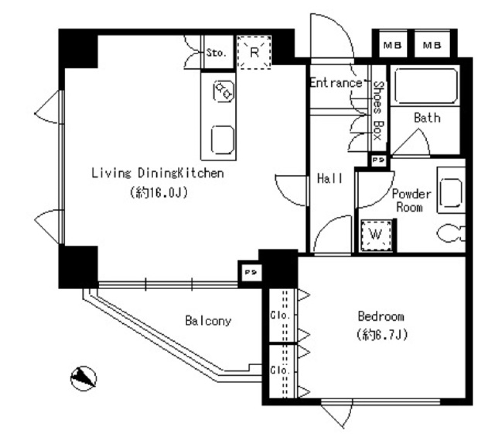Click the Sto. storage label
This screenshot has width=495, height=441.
tap(216, 53)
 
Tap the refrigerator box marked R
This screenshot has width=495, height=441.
tap(254, 52)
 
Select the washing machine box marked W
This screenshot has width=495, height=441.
tap(376, 235)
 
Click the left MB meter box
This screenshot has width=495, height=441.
tap(392, 44)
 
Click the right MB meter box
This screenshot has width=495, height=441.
tap(432, 44)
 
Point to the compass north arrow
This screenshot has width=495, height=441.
tap(84, 378)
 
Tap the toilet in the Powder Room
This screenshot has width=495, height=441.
tap(451, 233)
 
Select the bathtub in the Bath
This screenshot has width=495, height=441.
tap(425, 86)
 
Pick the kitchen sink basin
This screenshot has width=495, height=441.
tap(223, 140)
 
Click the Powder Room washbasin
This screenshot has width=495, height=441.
tap(451, 193)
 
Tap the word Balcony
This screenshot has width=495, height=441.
tap(208, 321)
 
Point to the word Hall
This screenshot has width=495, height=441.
tap(329, 179)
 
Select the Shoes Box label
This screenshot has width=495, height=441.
tap(378, 111)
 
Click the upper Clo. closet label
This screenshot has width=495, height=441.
tap(280, 315)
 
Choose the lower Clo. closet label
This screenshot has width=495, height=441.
tap(280, 370)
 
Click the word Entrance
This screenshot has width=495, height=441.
tap(336, 83)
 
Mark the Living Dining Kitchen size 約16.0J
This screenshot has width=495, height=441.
tap(159, 192)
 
